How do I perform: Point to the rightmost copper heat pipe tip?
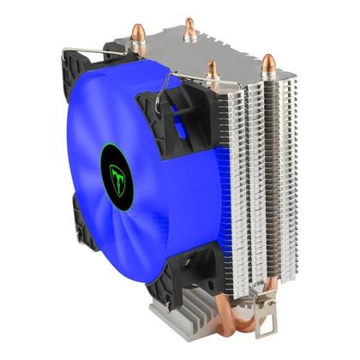pyautogui.click(x=268, y=63)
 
